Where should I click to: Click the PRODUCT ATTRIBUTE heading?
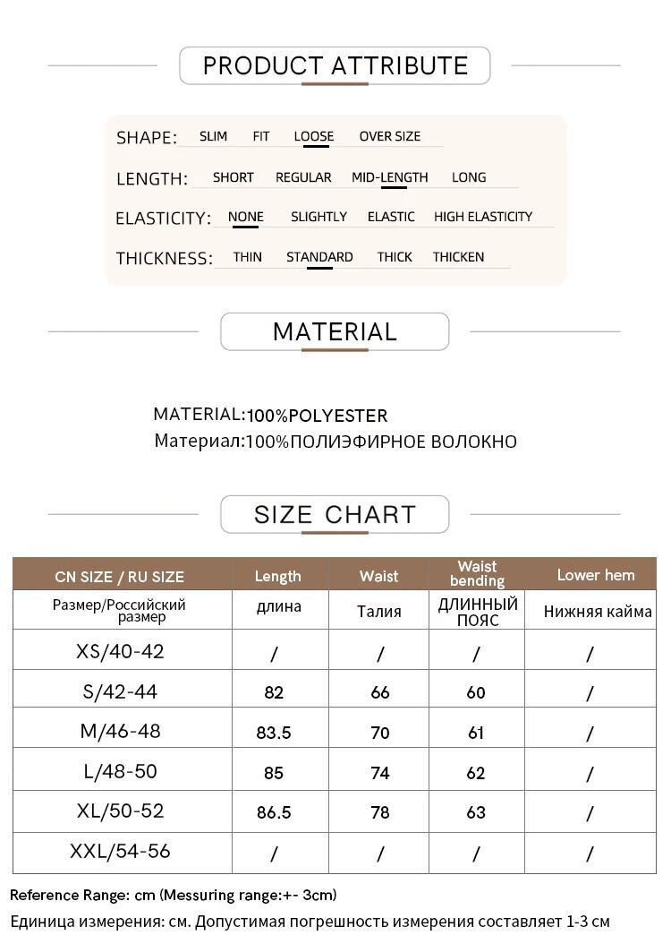pyautogui.click(x=335, y=65)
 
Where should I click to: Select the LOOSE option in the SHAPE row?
pyautogui.click(x=313, y=137)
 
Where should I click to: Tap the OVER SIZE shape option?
pyautogui.click(x=389, y=137)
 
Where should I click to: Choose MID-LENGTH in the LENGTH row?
pyautogui.click(x=389, y=177)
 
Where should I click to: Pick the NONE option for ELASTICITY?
pyautogui.click(x=245, y=217)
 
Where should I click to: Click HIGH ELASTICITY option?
pyautogui.click(x=482, y=217)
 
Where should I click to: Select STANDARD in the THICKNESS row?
pyautogui.click(x=319, y=257)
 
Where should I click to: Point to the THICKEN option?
pyautogui.click(x=458, y=257)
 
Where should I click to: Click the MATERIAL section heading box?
pyautogui.click(x=335, y=331)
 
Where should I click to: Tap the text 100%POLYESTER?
pyautogui.click(x=318, y=416)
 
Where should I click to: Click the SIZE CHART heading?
pyautogui.click(x=335, y=514)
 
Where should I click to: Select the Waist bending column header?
pyautogui.click(x=477, y=573)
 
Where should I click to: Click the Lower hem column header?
pyautogui.click(x=595, y=575)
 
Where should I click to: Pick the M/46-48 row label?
pyautogui.click(x=121, y=731)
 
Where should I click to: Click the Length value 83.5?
pyautogui.click(x=274, y=733)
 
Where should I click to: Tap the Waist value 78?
pyautogui.click(x=380, y=812)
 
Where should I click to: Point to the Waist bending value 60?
pyautogui.click(x=476, y=692)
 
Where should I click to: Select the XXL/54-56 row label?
pyautogui.click(x=120, y=851)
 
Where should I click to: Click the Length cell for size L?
pyautogui.click(x=274, y=772)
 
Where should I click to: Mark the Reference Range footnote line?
pyautogui.click(x=174, y=895)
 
